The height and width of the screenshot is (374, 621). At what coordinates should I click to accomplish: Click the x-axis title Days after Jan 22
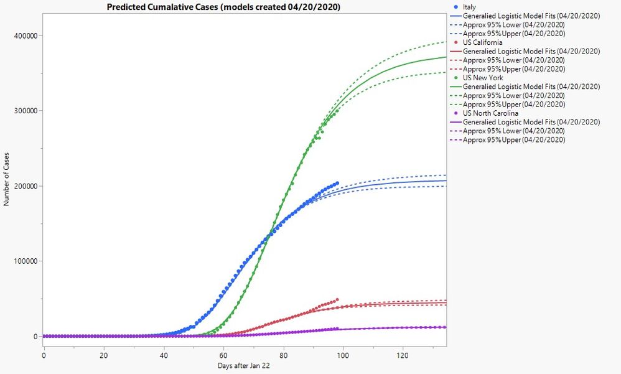click(245, 366)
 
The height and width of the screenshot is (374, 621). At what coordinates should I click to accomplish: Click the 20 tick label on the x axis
click(103, 355)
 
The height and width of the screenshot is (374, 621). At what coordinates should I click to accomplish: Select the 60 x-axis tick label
click(223, 355)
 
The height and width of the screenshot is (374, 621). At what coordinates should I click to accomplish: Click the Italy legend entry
click(469, 7)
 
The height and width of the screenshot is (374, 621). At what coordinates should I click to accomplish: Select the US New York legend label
click(484, 78)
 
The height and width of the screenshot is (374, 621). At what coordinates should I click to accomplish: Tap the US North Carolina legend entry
click(490, 113)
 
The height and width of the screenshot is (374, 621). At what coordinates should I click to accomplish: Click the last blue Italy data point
click(337, 183)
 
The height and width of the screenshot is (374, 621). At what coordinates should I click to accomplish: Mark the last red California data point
click(337, 299)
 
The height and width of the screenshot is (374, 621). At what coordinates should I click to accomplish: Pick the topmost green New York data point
click(337, 111)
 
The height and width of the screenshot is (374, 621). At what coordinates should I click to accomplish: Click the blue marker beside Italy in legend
click(456, 7)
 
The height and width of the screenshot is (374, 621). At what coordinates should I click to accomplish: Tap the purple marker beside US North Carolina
click(456, 113)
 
